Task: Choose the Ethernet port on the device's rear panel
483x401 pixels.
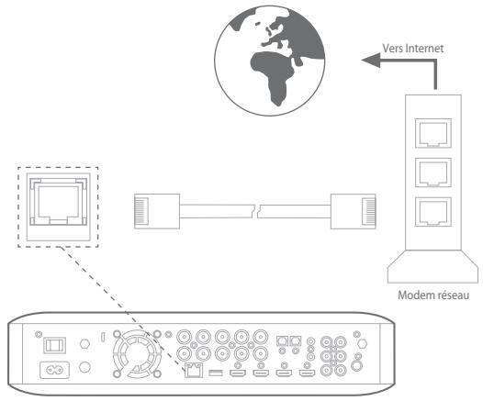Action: click(x=194, y=373)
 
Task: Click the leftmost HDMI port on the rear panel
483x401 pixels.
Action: click(x=238, y=373)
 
